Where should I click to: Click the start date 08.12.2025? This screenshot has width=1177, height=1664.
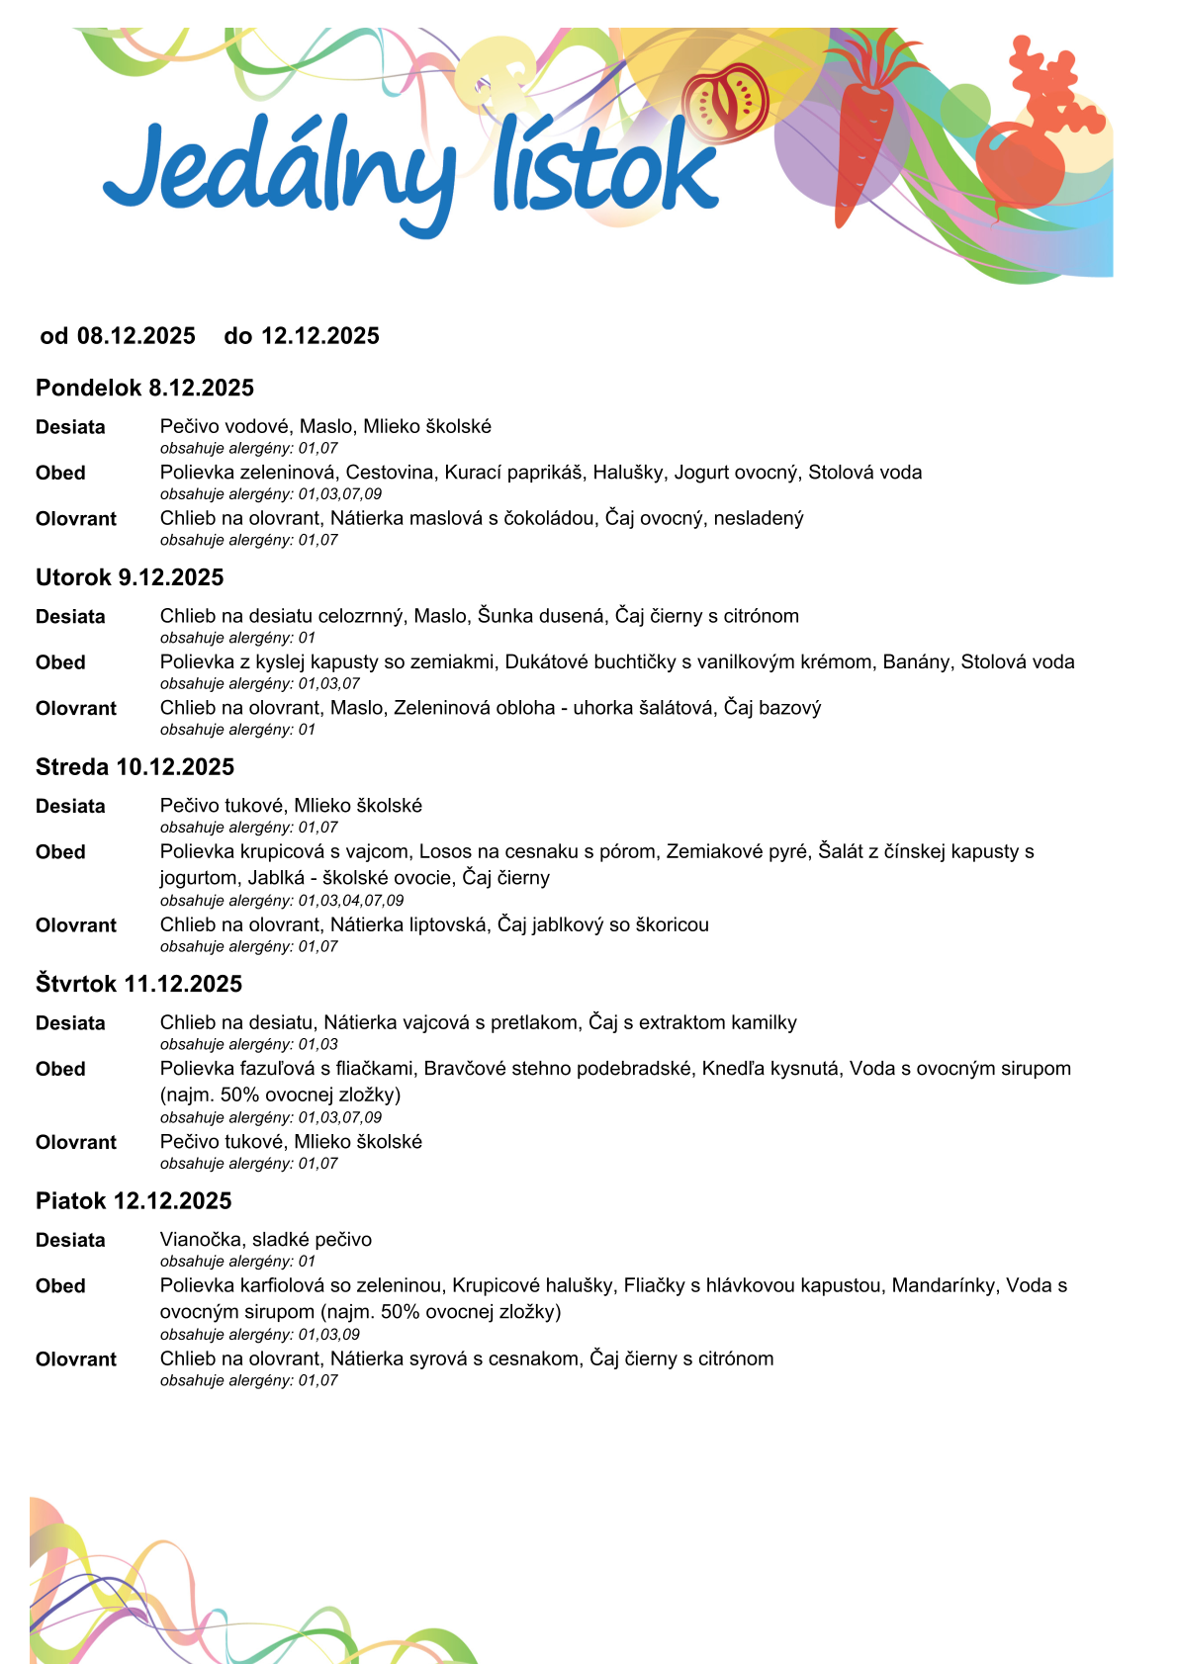(x=136, y=336)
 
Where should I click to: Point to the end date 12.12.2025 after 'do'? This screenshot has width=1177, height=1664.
(x=319, y=336)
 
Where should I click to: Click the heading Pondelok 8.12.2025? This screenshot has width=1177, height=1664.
(x=144, y=388)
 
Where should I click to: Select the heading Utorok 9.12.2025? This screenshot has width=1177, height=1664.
(x=130, y=577)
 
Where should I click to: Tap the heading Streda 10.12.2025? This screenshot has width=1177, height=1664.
(x=135, y=767)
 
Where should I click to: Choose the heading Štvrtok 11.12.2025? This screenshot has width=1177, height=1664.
(x=138, y=984)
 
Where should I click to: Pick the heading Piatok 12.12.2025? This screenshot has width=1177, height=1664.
(x=134, y=1201)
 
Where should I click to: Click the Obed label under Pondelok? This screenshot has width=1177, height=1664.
(x=60, y=473)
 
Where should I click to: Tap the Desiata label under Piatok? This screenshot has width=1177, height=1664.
(x=70, y=1240)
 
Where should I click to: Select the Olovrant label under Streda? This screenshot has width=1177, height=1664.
(x=76, y=925)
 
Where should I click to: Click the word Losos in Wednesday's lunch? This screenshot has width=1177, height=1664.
(x=443, y=851)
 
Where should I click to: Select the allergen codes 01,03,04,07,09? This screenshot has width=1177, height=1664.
(x=351, y=901)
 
